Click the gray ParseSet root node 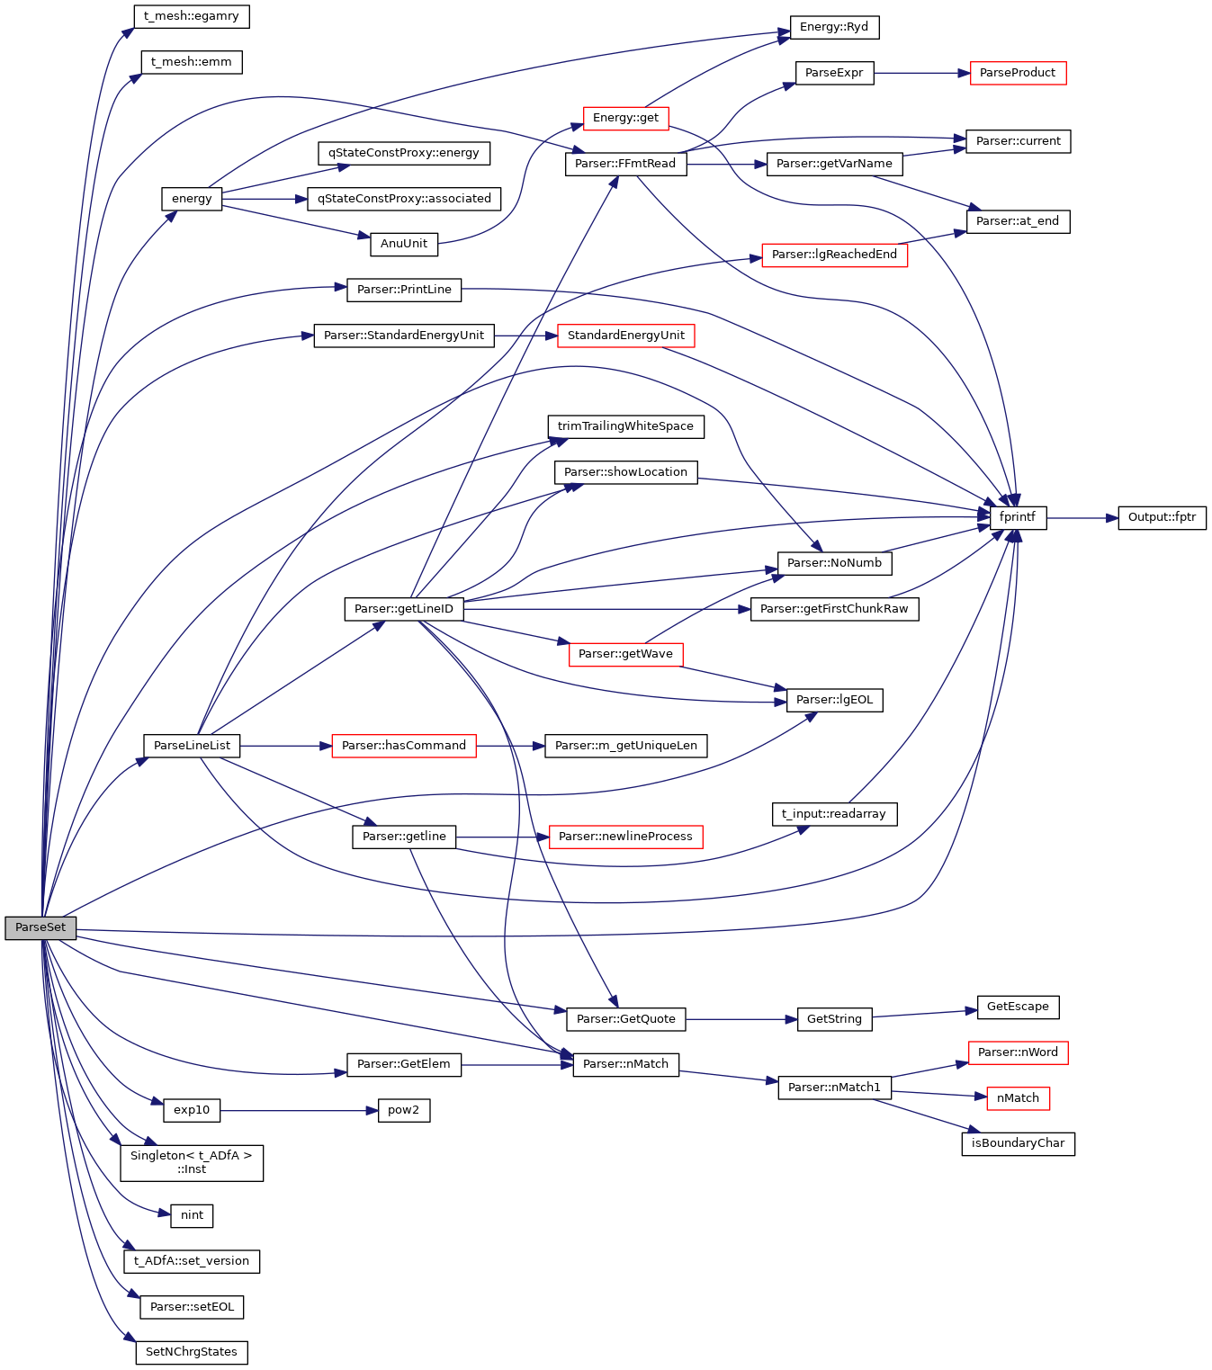coord(40,927)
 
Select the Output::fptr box coord(1162,517)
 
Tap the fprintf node coord(1018,517)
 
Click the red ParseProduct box coord(1018,73)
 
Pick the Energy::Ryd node coord(834,27)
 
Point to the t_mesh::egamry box coord(191,16)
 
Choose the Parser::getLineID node coord(404,609)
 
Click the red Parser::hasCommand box coord(404,746)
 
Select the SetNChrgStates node coord(192,1352)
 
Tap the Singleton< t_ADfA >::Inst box coord(192,1162)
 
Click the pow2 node coord(403,1110)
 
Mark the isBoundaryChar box coord(1018,1143)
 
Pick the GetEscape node coord(1018,1007)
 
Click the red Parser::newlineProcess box coord(625,837)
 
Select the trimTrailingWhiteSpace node coord(625,426)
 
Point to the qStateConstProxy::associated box coord(404,199)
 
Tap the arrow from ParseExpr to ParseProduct coord(921,73)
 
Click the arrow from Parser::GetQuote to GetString coord(741,1019)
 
